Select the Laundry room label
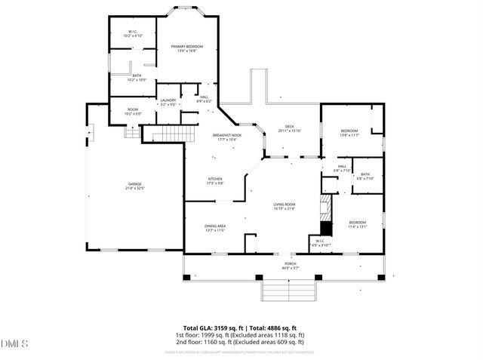point(168,103)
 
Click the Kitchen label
point(215,181)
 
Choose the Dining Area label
point(215,228)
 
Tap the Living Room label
point(284,207)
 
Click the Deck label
point(289,129)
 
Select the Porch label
point(290,266)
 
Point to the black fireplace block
point(325,229)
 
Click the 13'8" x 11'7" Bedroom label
point(349,133)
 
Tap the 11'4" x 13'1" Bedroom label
point(357,224)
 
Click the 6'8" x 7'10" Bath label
point(365,177)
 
